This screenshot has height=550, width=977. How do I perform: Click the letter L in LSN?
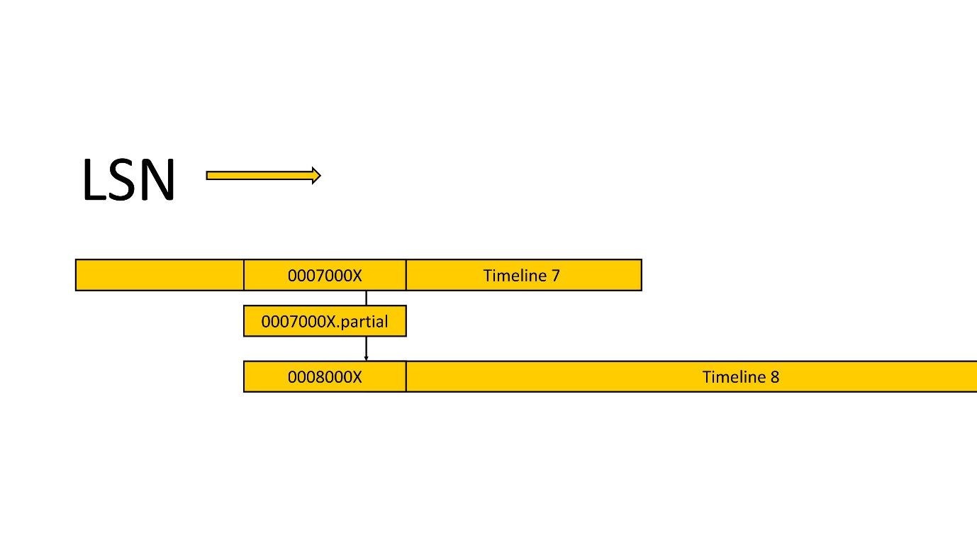click(x=95, y=180)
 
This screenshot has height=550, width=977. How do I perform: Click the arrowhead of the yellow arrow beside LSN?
click(x=316, y=176)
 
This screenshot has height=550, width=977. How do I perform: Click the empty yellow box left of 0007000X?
click(x=159, y=275)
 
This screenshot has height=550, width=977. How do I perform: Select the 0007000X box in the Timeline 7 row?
click(x=325, y=275)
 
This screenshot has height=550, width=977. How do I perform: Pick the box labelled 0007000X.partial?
click(x=325, y=321)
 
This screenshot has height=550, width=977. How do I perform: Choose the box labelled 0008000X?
click(x=325, y=376)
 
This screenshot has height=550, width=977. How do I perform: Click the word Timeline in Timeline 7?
click(x=515, y=275)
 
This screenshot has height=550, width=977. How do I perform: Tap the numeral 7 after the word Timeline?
click(x=555, y=276)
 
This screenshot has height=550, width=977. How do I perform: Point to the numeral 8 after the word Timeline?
click(x=774, y=377)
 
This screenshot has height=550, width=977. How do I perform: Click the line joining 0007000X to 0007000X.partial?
click(x=366, y=298)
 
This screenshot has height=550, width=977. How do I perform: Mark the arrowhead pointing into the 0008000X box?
click(x=366, y=358)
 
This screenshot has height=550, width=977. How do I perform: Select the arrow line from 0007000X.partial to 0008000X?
click(x=366, y=347)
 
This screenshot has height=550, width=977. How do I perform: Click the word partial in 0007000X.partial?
click(x=365, y=322)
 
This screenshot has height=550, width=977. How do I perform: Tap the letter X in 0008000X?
click(x=357, y=377)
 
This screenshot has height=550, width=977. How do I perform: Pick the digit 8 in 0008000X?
click(x=314, y=377)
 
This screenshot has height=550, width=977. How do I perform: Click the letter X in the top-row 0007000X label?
click(x=357, y=276)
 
